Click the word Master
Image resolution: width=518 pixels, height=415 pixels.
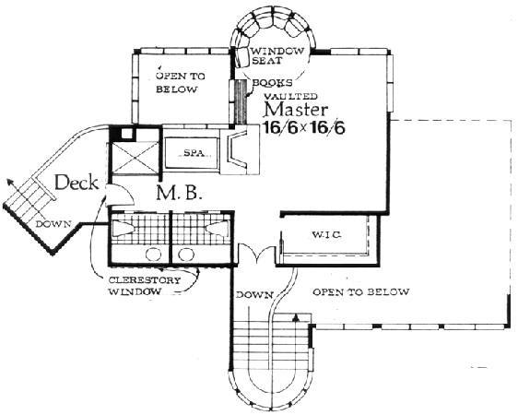(296, 110)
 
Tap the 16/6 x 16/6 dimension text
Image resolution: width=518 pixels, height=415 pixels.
(304, 127)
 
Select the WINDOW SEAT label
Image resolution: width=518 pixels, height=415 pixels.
(277, 56)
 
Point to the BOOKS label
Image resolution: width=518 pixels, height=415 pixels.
(272, 83)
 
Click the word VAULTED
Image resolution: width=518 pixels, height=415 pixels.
(291, 96)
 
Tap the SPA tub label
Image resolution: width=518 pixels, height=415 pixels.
(194, 153)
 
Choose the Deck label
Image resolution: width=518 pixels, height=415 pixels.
(77, 183)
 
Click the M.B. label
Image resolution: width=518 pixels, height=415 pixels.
(179, 193)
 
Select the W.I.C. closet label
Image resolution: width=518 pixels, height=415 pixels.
(326, 235)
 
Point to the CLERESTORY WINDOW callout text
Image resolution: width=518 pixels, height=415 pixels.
(145, 286)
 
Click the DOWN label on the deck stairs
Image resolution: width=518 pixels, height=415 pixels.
(53, 224)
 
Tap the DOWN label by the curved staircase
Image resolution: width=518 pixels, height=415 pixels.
(254, 294)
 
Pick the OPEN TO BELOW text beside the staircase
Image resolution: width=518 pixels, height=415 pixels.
(361, 292)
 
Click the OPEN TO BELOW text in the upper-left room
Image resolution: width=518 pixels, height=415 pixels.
(181, 83)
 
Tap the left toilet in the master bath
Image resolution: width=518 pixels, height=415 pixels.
(123, 228)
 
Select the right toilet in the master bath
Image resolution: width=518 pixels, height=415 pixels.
(217, 228)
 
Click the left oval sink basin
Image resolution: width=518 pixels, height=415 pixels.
(153, 255)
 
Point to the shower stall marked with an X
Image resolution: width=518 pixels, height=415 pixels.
(135, 158)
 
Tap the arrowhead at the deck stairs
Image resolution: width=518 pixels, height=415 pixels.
(10, 182)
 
